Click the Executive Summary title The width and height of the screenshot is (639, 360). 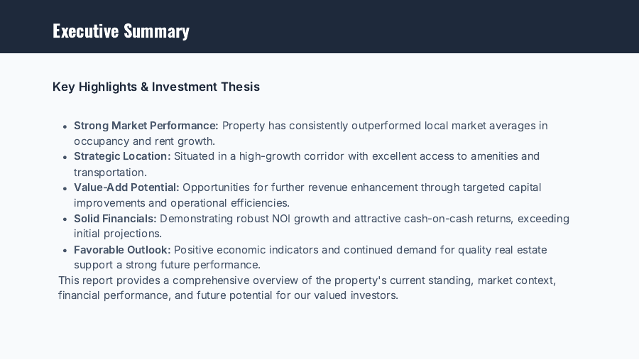click(x=121, y=31)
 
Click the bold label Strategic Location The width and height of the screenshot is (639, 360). click(x=121, y=156)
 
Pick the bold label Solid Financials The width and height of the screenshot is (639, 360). click(x=114, y=219)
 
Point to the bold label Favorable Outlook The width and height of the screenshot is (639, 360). click(x=121, y=250)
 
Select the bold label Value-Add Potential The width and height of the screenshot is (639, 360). click(x=127, y=187)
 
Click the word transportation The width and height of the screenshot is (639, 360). click(x=109, y=172)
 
